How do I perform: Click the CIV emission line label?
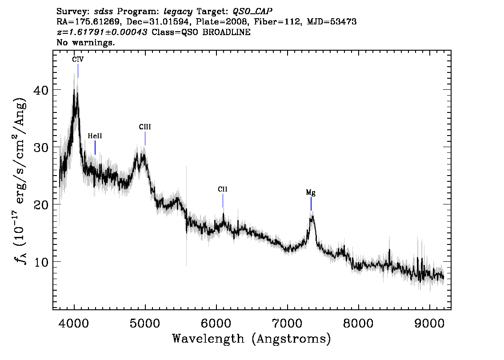(78, 60)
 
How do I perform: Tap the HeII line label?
(95, 136)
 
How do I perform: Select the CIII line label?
(144, 127)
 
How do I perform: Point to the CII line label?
(222, 189)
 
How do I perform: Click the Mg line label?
(311, 193)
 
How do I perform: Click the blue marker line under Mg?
(311, 204)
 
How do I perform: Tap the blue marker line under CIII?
(145, 139)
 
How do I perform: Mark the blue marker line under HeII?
(95, 148)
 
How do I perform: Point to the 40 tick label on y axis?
(41, 90)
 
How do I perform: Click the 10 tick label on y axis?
(41, 262)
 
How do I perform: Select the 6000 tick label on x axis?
(216, 323)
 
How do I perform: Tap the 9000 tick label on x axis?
(429, 323)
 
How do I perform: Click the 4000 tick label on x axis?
(74, 323)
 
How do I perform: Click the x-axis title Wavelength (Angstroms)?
(252, 339)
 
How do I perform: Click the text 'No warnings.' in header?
(85, 42)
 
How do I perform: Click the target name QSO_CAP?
(252, 12)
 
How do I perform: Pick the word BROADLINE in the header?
(226, 32)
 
